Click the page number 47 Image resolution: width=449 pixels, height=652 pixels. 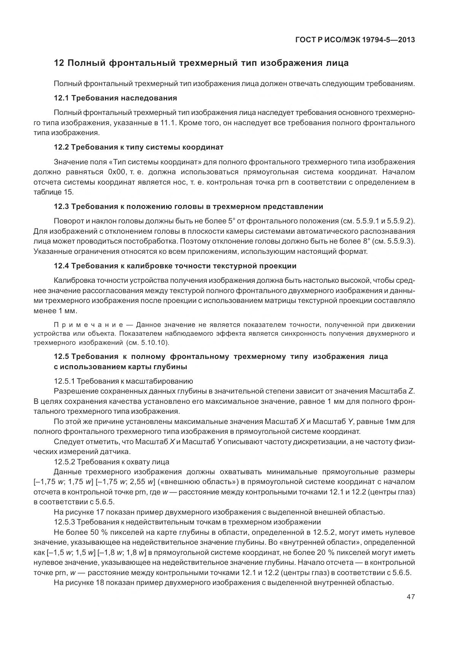410,597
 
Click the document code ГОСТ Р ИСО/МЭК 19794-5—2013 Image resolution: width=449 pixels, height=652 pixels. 355,40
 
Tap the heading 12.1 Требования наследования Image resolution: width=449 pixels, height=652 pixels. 115,98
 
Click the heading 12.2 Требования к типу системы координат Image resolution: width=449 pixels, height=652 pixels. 138,147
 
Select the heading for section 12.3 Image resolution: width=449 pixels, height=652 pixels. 188,206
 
